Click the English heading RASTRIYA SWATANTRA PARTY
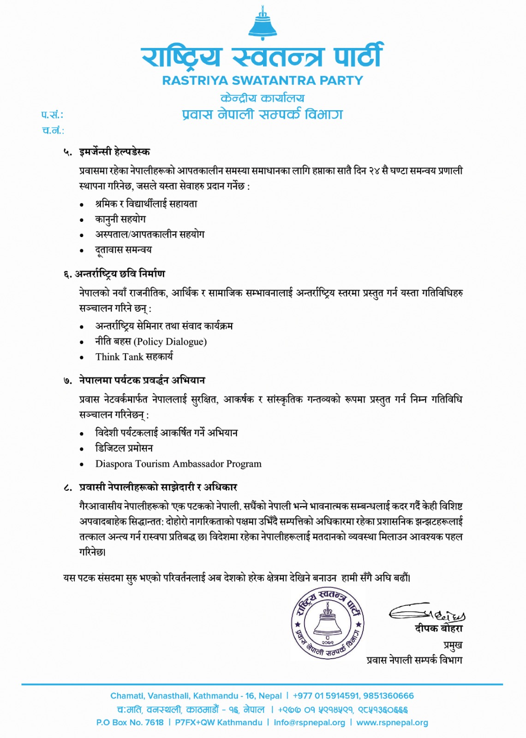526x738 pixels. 263,81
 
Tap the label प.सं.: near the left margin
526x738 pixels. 52,115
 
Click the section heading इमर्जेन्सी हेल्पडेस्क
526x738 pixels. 114,152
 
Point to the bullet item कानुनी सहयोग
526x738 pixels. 120,219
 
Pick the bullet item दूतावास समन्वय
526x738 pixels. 123,250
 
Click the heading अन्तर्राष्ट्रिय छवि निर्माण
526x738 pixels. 120,274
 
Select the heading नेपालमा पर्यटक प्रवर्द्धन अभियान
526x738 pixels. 142,381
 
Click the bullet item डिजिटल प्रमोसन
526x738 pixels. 124,448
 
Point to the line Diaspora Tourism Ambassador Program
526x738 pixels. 178,464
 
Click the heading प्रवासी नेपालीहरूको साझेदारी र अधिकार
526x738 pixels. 158,488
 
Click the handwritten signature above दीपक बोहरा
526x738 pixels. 427,613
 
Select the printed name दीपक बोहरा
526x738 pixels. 438,629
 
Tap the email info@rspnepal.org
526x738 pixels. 309,722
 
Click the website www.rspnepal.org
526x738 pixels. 392,722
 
